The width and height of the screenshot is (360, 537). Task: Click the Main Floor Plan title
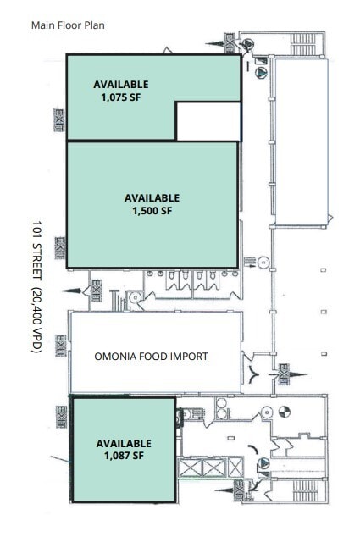[68, 25]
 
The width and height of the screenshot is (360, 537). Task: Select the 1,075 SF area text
[120, 97]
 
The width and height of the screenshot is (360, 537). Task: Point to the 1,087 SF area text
[124, 456]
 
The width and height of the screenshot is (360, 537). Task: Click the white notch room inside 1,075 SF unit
[208, 121]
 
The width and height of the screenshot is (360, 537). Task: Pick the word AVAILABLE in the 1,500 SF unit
[152, 198]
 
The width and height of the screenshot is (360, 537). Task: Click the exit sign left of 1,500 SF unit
[59, 247]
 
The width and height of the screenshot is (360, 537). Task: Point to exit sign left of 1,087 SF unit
[61, 415]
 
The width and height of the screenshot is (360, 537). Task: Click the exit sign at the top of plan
[229, 40]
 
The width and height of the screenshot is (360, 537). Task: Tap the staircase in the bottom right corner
[302, 490]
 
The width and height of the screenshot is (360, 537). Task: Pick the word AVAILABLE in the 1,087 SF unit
[124, 444]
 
